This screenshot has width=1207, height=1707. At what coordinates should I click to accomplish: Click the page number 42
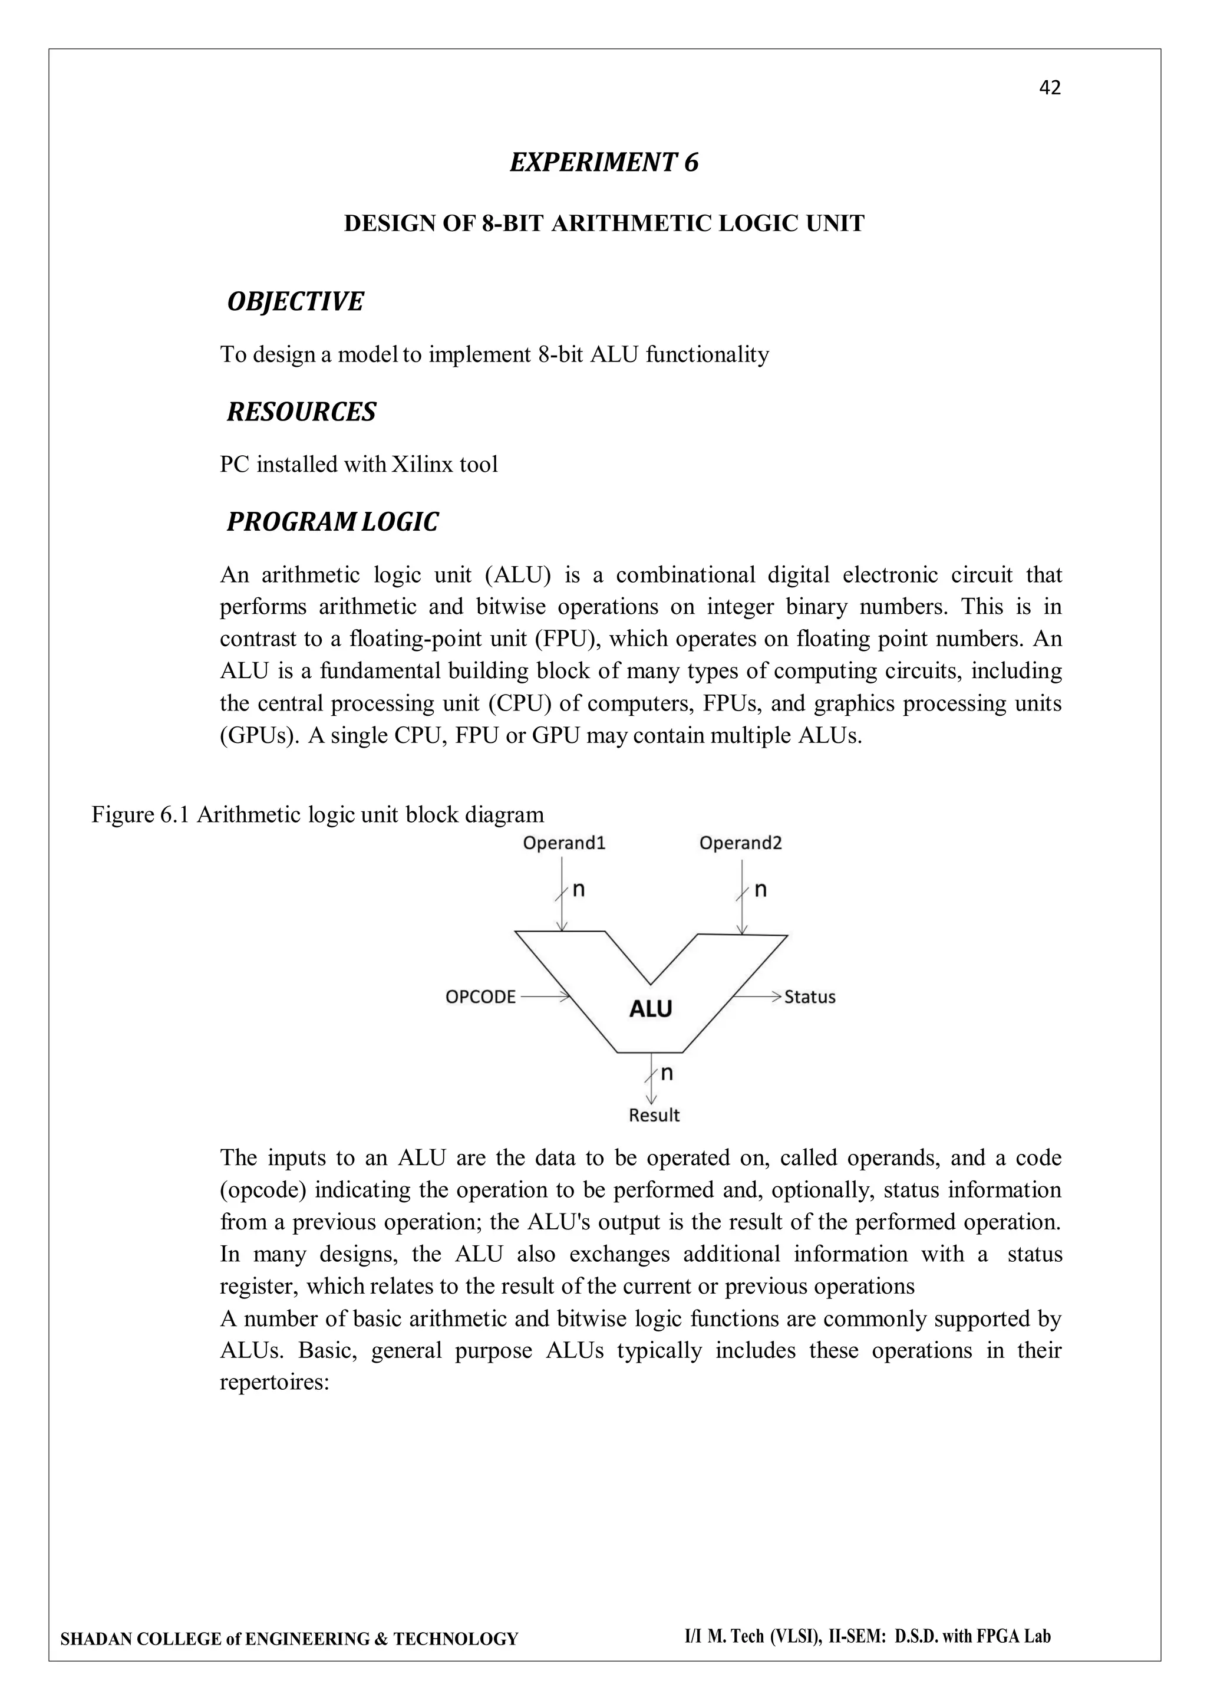point(1050,88)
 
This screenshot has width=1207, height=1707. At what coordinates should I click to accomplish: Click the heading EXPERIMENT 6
point(603,162)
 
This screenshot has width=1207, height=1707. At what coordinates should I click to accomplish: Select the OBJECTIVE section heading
point(295,302)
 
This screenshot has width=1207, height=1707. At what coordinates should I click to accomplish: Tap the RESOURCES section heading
point(301,412)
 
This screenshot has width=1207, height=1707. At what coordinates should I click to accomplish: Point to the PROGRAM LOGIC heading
point(332,522)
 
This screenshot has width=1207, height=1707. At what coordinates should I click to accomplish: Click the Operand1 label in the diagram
point(564,843)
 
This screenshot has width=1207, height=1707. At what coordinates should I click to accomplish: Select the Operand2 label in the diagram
point(740,843)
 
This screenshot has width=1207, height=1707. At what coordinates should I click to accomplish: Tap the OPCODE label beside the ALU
point(480,997)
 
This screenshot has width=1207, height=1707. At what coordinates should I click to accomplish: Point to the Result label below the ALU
point(654,1115)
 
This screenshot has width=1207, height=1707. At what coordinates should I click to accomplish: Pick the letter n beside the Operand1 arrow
point(578,889)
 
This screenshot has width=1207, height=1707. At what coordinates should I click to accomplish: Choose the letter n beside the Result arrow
point(667,1073)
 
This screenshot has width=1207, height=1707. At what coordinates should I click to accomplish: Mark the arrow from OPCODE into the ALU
point(545,996)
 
